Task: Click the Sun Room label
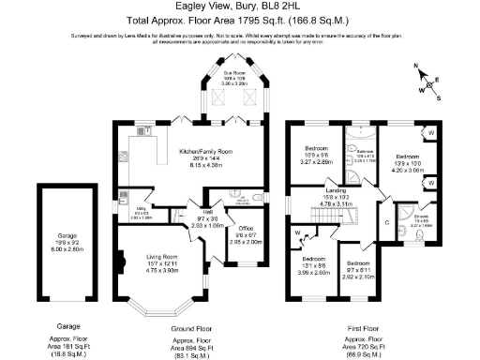234,72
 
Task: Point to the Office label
247,228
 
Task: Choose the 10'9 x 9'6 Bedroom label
318,148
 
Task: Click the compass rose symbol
427,79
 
